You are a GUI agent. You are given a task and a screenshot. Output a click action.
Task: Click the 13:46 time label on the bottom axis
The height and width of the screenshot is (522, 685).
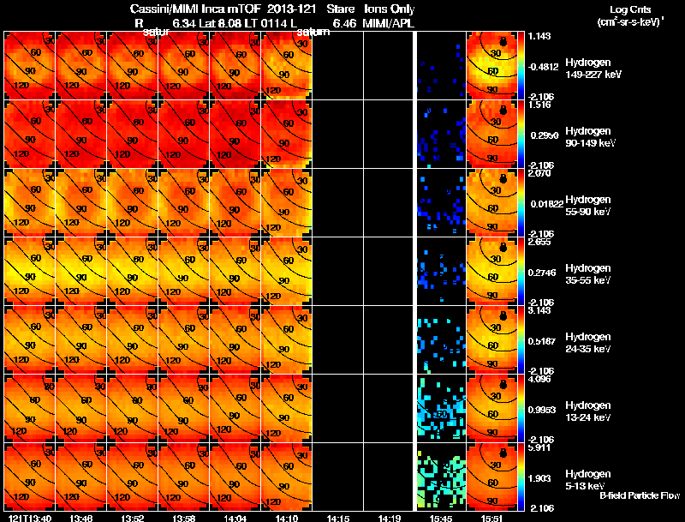82,517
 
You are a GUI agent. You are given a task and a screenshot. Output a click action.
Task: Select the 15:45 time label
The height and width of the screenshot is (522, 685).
442,517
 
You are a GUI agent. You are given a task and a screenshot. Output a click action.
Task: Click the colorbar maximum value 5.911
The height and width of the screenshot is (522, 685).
539,447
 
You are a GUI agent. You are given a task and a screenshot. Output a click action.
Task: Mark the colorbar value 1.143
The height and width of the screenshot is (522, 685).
539,36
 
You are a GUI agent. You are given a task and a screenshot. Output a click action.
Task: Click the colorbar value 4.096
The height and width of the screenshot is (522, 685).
539,379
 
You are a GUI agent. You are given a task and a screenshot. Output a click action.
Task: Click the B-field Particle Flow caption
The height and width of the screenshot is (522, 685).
639,495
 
